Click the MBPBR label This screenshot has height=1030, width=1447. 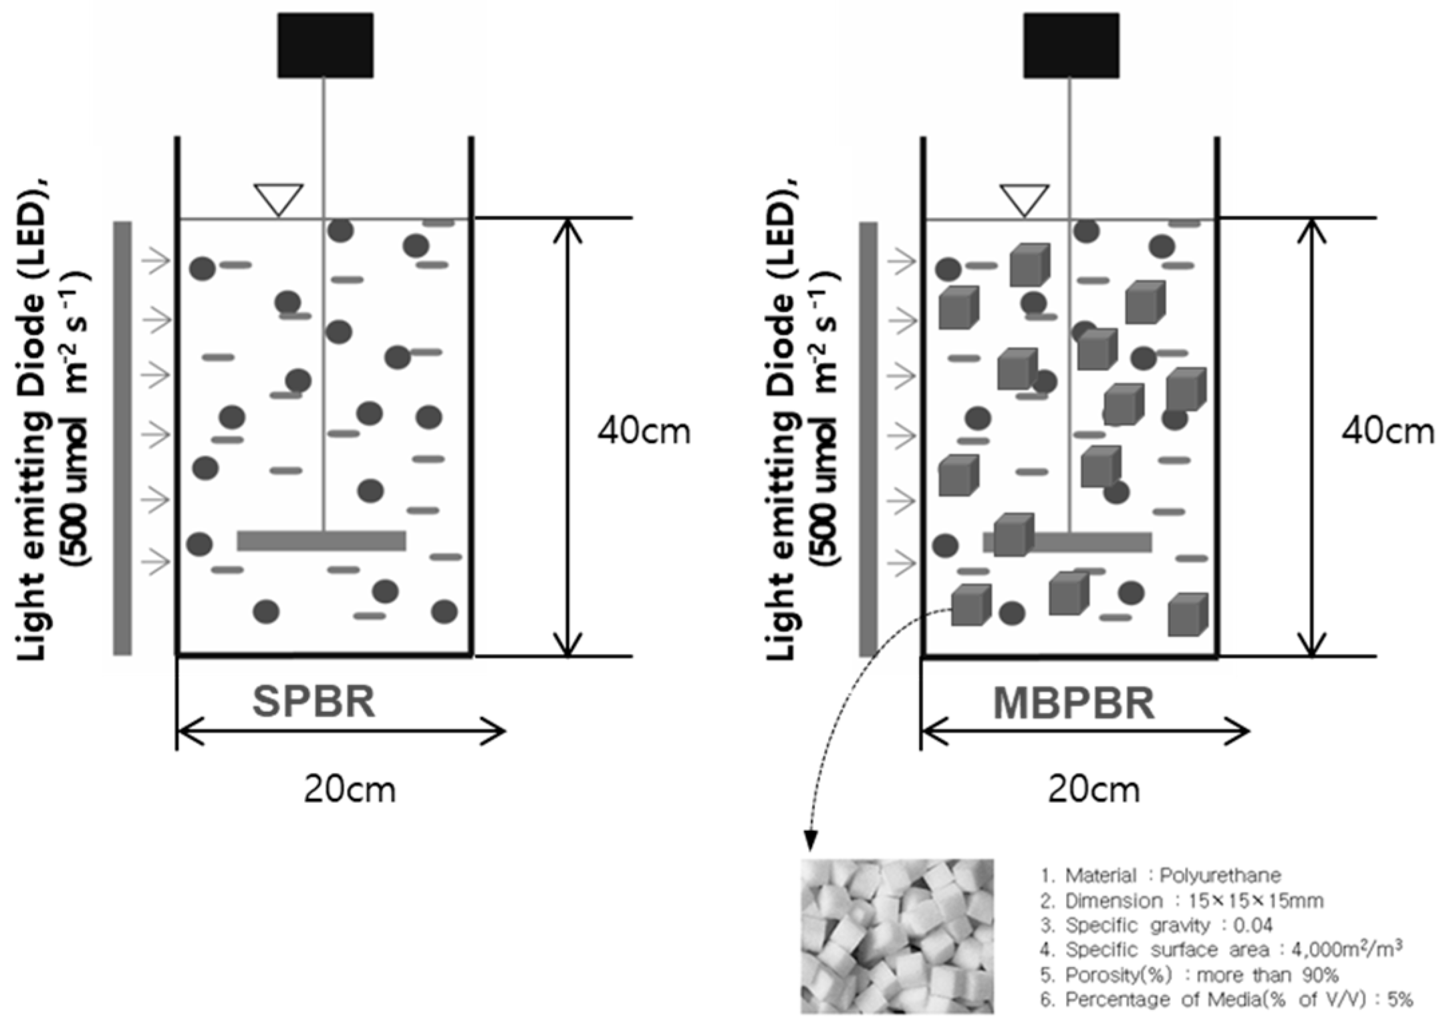point(1073,703)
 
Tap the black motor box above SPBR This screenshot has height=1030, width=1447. point(325,45)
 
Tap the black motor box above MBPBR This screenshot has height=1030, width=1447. point(1071,45)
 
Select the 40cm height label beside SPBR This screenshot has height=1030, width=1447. point(644,432)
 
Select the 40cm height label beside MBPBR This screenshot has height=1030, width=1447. point(1388,432)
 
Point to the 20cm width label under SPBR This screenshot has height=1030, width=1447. point(350,790)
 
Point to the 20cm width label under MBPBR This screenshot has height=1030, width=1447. point(1093,790)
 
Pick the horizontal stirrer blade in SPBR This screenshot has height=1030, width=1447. point(321,540)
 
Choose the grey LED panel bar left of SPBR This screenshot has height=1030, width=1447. point(122,438)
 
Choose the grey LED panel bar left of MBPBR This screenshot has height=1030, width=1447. point(868,438)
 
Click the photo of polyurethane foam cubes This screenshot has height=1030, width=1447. point(897,936)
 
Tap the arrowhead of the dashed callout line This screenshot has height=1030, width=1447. point(810,842)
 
